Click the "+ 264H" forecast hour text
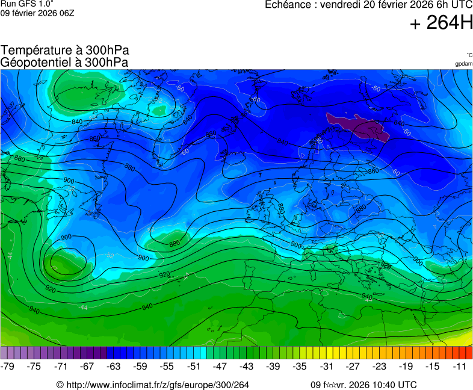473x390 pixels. coord(441,23)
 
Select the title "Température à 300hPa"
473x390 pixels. coord(65,51)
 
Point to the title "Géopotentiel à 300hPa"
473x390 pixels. coord(64,62)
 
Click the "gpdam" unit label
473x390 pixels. coord(463,63)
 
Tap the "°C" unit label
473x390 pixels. coord(469,55)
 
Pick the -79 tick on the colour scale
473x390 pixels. coord(8,366)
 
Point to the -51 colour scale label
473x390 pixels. coord(194,366)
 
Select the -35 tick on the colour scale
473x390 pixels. coord(300,366)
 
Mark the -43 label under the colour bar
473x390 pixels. coord(247,366)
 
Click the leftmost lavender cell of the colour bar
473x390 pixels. coord(4,353)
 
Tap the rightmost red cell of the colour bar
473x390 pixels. coord(469,353)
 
